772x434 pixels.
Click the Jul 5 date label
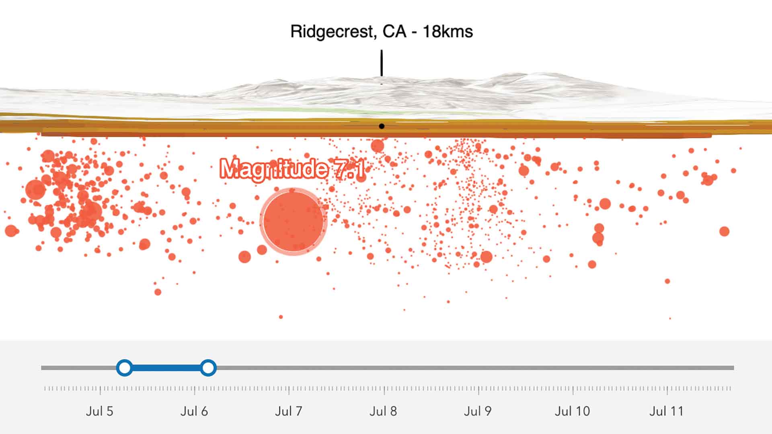(99, 411)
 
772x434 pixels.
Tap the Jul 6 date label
(194, 411)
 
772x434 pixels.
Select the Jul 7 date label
(288, 411)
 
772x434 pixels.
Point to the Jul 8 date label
(383, 411)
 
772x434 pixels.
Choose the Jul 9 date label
(477, 411)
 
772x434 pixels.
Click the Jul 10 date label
(572, 411)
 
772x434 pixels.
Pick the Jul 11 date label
(666, 411)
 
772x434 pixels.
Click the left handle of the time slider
(125, 368)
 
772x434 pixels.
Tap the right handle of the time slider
(208, 368)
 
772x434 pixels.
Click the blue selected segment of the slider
(166, 368)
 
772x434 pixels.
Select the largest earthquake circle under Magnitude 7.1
(293, 221)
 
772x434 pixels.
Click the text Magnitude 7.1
(292, 169)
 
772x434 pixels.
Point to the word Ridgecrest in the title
(333, 31)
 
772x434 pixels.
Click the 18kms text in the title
(448, 31)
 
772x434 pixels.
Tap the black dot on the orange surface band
(382, 126)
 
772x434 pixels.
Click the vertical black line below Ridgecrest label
(382, 63)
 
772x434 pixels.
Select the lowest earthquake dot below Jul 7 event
(281, 317)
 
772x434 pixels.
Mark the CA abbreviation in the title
(394, 31)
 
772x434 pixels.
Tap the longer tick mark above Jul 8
(384, 389)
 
